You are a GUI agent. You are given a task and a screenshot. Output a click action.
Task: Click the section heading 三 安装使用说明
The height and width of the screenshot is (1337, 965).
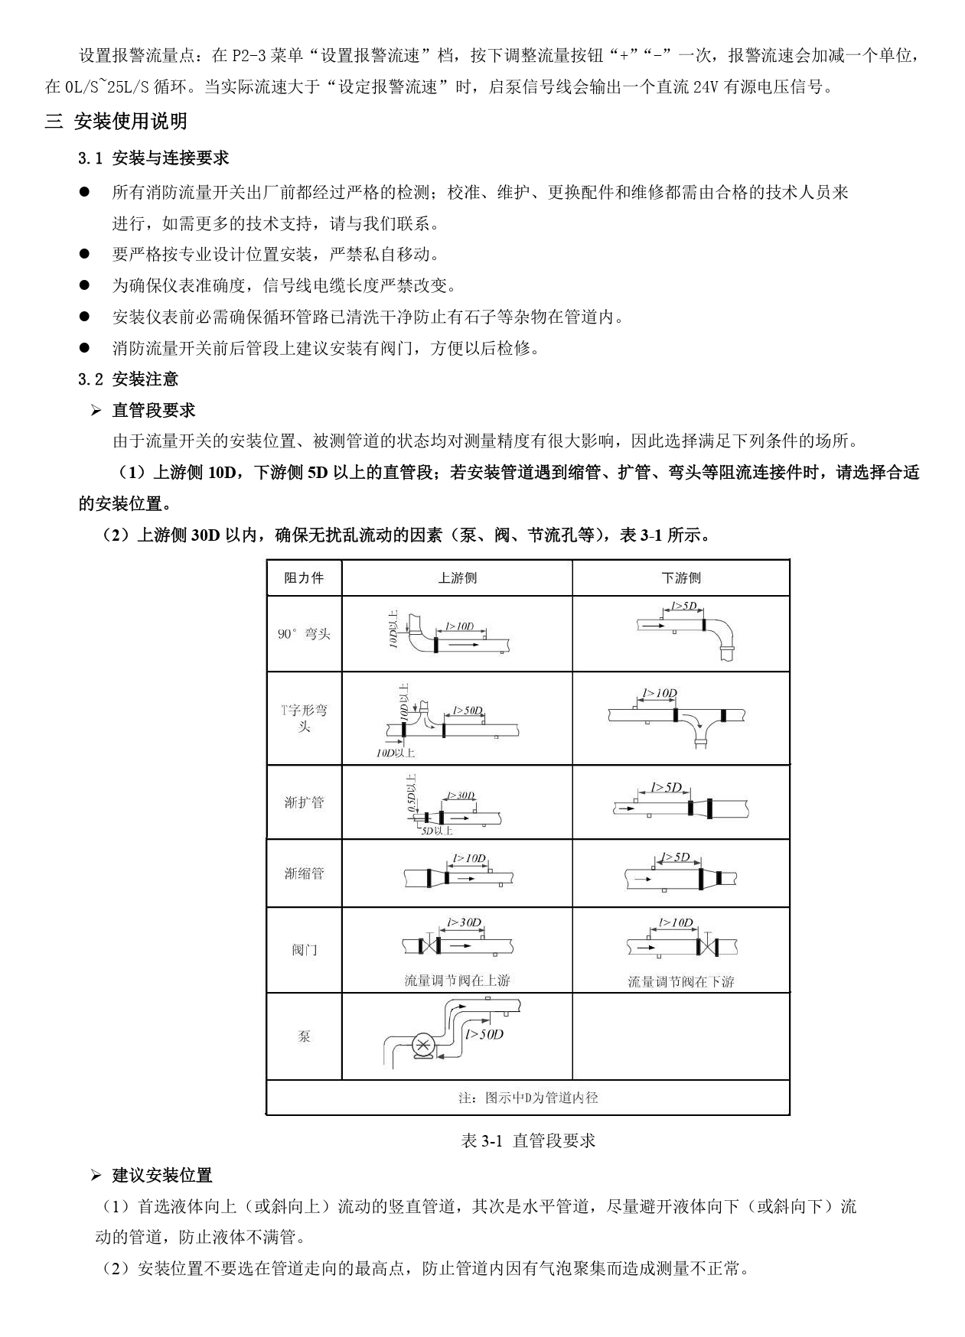116,121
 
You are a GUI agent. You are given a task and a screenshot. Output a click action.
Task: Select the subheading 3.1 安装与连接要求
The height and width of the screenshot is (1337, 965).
153,158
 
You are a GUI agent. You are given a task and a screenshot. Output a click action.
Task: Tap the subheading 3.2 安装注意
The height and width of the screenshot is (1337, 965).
129,379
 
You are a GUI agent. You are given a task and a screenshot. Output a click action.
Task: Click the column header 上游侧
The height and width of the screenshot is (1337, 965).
457,578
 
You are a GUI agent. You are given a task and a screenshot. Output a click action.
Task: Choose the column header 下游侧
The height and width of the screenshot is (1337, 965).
680,578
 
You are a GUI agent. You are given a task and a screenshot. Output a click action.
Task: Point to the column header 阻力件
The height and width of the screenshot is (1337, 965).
304,578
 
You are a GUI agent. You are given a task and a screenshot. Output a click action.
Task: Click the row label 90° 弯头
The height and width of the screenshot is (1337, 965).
304,634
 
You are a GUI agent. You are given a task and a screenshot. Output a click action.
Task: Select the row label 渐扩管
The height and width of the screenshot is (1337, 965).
304,802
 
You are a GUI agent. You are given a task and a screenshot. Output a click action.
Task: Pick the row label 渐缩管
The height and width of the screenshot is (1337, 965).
304,873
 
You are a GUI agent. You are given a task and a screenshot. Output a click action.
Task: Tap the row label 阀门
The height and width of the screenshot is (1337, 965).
304,950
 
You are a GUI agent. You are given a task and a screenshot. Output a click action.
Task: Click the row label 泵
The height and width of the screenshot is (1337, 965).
304,1036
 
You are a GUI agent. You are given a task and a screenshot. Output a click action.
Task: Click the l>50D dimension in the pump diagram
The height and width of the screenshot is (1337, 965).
484,1034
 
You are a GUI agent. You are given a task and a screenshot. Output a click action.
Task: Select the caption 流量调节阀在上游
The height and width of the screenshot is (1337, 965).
457,981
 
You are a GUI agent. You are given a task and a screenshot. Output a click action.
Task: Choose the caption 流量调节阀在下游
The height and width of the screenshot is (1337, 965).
680,981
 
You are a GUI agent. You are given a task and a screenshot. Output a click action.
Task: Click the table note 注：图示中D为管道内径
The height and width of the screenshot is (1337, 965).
528,1098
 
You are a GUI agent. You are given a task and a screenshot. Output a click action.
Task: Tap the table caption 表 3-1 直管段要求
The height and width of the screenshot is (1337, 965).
528,1141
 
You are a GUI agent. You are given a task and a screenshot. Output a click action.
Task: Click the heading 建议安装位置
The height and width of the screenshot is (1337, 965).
161,1175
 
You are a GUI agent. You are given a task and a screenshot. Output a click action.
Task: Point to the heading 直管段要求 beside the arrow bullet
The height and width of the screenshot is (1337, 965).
153,411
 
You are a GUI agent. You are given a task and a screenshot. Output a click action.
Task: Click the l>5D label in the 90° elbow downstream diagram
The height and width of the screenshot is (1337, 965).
684,606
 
